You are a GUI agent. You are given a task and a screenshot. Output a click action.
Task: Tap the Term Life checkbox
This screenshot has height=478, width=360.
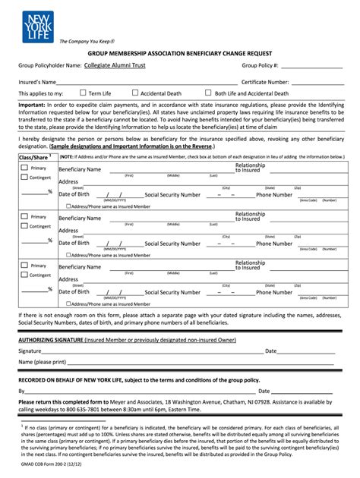coord(84,93)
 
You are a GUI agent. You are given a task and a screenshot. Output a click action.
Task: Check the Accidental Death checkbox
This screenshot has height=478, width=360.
coord(135,93)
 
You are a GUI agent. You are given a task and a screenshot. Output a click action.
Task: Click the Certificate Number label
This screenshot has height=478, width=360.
coord(265,81)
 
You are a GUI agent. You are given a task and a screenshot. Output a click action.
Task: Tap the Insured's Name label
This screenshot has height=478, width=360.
coord(37,81)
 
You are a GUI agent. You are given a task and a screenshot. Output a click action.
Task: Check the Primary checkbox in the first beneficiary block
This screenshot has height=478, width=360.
coord(24,167)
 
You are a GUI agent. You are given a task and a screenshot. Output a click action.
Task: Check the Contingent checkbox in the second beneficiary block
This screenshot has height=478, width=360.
coord(24,225)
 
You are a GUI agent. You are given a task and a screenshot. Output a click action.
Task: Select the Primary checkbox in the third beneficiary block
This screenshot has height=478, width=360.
coord(24,266)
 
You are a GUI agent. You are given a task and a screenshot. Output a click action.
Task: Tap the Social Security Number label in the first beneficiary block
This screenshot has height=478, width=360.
coord(172,195)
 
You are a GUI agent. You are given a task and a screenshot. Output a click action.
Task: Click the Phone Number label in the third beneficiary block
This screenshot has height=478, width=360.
coord(273,292)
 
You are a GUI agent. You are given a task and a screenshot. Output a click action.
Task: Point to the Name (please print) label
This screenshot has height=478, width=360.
coord(43,362)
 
